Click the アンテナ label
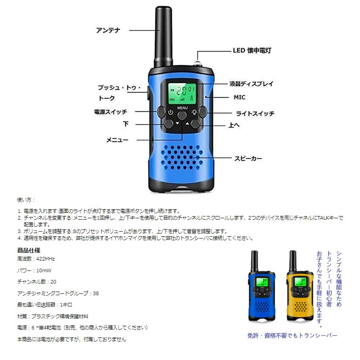[108, 30]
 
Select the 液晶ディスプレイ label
[251, 84]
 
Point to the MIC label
[239, 97]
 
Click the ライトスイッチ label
[255, 113]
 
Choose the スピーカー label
[247, 158]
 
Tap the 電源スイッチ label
[111, 112]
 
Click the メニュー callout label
[117, 140]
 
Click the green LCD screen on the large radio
[182, 94]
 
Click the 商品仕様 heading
[29, 250]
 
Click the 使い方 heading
[26, 200]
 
